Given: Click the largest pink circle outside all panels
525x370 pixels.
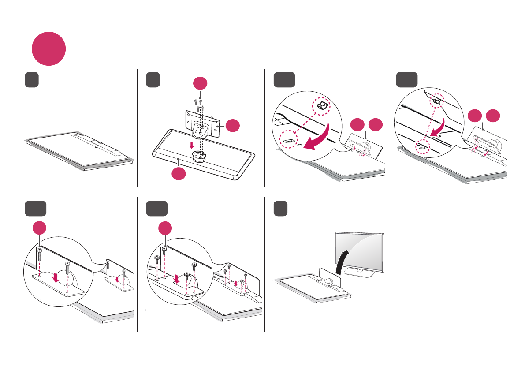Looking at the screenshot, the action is [x=48, y=49].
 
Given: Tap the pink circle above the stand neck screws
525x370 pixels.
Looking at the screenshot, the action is [x=201, y=84].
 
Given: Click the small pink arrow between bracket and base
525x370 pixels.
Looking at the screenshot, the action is [x=191, y=145].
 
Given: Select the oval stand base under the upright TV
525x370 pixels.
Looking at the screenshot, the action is [x=359, y=273].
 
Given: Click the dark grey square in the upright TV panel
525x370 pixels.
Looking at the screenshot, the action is [x=280, y=209].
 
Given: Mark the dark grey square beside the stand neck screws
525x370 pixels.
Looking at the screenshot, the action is [x=154, y=80].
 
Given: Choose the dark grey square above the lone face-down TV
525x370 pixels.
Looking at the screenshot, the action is [x=32, y=80].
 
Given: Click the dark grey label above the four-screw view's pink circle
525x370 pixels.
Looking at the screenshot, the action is [x=157, y=209].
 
